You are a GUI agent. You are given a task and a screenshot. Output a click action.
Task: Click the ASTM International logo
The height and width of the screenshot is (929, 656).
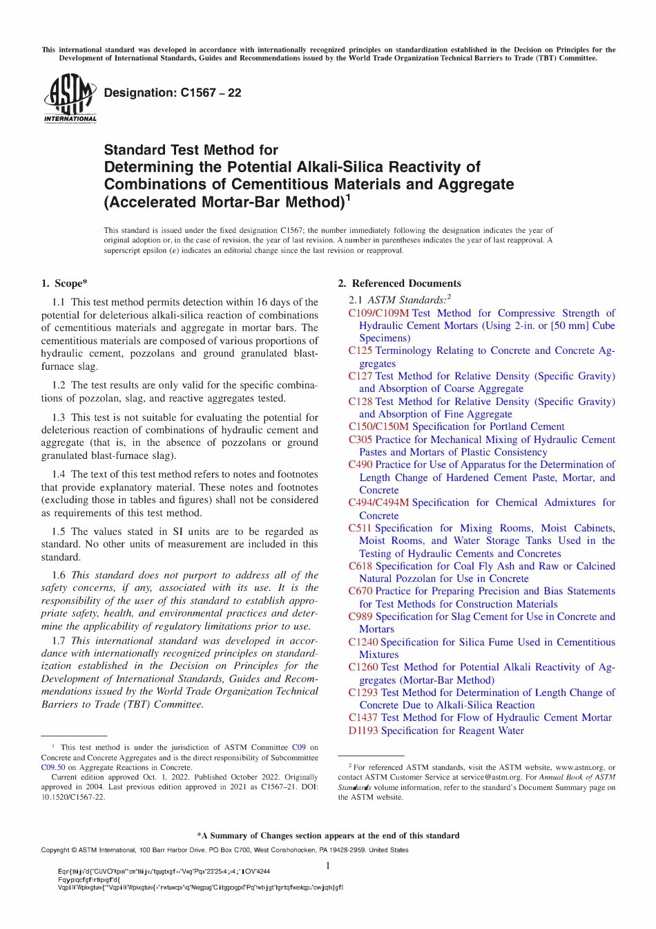click(x=70, y=99)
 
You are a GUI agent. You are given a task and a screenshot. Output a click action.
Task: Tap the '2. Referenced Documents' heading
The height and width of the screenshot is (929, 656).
click(x=399, y=283)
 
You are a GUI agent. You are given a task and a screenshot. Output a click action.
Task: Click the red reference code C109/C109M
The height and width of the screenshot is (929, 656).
click(x=378, y=313)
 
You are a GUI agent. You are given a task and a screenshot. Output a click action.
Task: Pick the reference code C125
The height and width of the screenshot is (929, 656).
click(x=360, y=350)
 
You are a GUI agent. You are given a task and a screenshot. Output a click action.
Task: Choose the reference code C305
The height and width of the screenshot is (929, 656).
click(x=360, y=440)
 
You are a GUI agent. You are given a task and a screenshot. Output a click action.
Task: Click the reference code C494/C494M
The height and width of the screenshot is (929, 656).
click(x=378, y=503)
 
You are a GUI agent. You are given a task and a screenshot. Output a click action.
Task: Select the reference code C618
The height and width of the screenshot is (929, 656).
click(x=360, y=566)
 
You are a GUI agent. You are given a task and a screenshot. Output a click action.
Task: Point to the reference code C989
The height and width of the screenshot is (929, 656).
click(x=360, y=617)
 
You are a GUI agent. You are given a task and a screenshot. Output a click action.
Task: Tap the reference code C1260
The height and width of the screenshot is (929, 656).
click(x=363, y=667)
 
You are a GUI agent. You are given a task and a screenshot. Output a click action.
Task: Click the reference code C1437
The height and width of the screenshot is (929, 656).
click(x=363, y=717)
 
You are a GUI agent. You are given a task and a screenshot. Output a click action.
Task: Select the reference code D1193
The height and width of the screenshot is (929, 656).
click(x=363, y=731)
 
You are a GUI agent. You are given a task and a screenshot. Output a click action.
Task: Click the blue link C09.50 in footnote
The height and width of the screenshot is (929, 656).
click(x=53, y=767)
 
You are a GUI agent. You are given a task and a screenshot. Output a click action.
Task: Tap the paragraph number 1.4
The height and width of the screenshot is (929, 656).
click(x=59, y=474)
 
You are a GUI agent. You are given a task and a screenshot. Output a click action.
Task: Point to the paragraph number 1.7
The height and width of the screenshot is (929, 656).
click(x=59, y=641)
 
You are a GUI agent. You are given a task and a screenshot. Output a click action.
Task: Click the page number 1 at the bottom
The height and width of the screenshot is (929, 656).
click(x=327, y=866)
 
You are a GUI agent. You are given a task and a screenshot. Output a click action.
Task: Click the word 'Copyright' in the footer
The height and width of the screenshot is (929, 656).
click(x=56, y=850)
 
